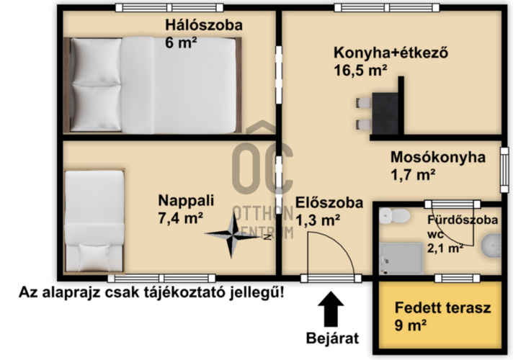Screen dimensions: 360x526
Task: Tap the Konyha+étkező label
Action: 391,53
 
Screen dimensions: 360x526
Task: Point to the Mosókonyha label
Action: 437,157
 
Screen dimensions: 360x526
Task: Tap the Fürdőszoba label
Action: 462,219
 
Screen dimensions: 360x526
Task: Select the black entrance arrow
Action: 331,309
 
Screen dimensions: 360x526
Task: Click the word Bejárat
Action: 331,337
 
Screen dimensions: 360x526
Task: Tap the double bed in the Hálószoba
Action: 153,84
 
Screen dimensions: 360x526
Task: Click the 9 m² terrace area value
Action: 411,325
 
